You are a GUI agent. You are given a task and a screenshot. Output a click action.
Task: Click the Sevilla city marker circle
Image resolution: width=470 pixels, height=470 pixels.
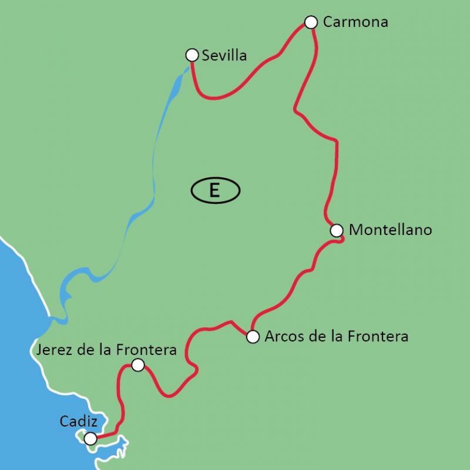pyautogui.click(x=192, y=55)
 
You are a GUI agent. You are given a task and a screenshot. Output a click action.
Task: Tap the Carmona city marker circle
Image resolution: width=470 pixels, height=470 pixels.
pyautogui.click(x=311, y=22)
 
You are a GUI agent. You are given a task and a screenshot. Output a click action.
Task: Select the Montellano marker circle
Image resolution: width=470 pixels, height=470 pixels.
pyautogui.click(x=337, y=230)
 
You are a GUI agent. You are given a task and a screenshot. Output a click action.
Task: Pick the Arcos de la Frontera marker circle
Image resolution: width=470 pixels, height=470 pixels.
pyautogui.click(x=253, y=337)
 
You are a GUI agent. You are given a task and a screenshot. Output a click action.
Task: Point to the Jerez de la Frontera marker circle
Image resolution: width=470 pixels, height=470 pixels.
pyautogui.click(x=137, y=365)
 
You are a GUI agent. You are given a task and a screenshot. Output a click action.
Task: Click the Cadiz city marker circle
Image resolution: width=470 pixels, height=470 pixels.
pyautogui.click(x=90, y=438)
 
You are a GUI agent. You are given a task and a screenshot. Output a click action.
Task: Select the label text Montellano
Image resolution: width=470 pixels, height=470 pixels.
pyautogui.click(x=390, y=230)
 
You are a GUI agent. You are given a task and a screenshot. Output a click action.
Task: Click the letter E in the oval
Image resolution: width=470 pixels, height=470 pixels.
pyautogui.click(x=215, y=190)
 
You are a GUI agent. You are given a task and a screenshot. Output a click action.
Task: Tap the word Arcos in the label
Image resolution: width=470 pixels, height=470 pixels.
pyautogui.click(x=281, y=337)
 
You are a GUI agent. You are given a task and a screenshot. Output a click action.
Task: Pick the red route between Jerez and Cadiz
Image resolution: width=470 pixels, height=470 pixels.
pyautogui.click(x=120, y=405)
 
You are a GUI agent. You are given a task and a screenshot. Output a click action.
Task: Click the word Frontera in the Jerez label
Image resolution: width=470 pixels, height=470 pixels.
pyautogui.click(x=147, y=351)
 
